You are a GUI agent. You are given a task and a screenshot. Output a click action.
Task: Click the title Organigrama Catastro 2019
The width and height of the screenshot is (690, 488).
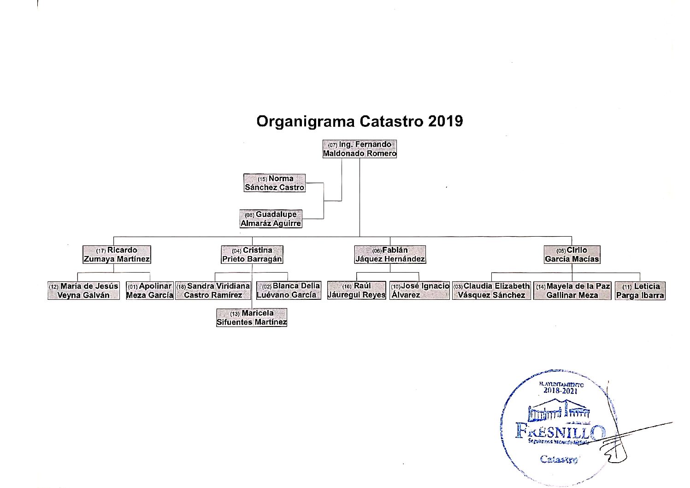click(360, 121)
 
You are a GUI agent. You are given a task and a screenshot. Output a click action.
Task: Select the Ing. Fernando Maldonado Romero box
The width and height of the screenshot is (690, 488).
click(360, 149)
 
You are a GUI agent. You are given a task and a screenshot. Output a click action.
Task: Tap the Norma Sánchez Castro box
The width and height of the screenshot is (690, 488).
click(274, 183)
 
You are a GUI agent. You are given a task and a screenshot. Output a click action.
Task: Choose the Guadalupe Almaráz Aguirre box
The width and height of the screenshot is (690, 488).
click(271, 219)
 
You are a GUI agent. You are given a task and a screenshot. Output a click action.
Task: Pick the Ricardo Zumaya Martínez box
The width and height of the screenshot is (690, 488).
click(117, 255)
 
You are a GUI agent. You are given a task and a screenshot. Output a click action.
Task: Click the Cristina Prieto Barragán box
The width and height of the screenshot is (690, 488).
click(252, 255)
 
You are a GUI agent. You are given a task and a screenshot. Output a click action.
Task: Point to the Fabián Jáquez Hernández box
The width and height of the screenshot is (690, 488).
click(390, 255)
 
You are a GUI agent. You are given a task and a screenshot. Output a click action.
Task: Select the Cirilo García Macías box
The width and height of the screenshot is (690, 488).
click(572, 255)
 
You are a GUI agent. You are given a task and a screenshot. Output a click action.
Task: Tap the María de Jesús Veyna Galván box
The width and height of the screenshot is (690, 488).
click(83, 291)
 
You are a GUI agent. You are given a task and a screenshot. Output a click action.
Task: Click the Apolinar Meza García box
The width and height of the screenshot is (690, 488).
click(149, 291)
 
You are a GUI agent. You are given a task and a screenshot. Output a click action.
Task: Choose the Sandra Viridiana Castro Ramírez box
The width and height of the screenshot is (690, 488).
click(213, 291)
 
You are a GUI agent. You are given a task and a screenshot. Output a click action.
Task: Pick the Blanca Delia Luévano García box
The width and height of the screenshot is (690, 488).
click(288, 291)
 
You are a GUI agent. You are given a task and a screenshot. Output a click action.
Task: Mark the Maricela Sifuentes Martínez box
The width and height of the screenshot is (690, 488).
click(252, 317)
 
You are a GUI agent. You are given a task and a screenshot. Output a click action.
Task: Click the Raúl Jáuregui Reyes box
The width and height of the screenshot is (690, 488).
click(356, 291)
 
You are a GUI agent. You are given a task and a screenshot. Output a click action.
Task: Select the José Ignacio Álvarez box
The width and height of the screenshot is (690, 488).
click(419, 291)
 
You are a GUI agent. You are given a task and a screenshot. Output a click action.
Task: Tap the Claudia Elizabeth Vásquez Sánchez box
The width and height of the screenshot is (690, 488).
click(491, 291)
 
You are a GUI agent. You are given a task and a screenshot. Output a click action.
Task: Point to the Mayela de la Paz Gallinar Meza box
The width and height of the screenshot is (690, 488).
click(572, 291)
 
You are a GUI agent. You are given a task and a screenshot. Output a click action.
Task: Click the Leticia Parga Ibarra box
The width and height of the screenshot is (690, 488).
click(640, 291)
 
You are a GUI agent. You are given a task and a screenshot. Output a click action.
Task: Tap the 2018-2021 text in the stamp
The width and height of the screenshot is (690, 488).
click(560, 391)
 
